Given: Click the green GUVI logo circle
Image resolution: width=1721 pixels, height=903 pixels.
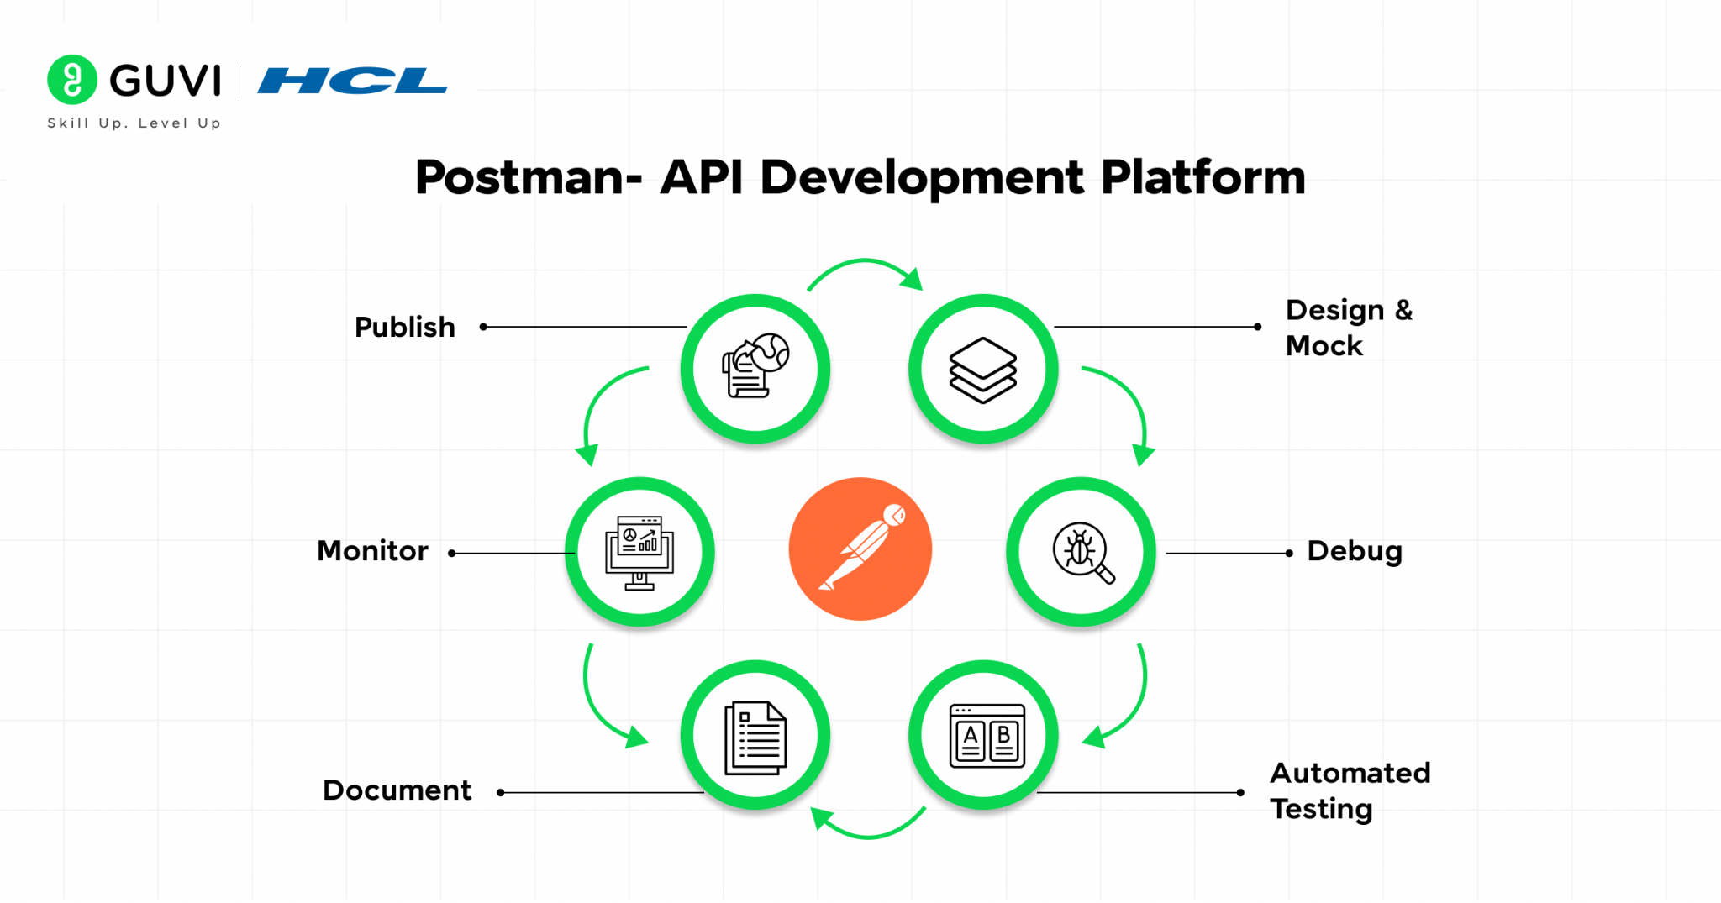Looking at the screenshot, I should (72, 80).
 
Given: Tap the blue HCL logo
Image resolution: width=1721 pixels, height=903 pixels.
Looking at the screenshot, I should (352, 81).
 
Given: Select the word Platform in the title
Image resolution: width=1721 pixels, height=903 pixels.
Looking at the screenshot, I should (1203, 178).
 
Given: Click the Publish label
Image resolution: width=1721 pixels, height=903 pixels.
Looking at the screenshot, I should (404, 327).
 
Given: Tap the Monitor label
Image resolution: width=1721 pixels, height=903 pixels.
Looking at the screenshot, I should (372, 551).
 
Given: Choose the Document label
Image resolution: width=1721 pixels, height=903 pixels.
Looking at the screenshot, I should (397, 790).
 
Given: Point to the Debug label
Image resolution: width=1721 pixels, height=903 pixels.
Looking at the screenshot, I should (1355, 551).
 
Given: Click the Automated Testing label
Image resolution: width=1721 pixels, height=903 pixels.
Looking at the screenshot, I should (1350, 790).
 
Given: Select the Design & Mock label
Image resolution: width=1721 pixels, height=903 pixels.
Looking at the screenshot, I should (1349, 328).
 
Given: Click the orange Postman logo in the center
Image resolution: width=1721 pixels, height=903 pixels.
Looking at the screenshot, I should (860, 549).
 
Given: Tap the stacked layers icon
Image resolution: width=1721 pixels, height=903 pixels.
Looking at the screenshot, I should (982, 370).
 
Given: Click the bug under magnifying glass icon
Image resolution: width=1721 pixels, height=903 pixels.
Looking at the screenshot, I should (1082, 552).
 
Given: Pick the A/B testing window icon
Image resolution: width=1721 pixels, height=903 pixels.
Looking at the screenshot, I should (986, 736).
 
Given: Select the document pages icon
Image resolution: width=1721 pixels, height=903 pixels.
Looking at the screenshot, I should (755, 738).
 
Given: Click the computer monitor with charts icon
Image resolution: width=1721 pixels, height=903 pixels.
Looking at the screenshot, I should (639, 552).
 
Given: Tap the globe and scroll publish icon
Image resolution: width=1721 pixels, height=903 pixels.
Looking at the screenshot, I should (755, 367).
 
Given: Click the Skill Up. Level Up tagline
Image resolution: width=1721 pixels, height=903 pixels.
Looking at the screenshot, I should (134, 123).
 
